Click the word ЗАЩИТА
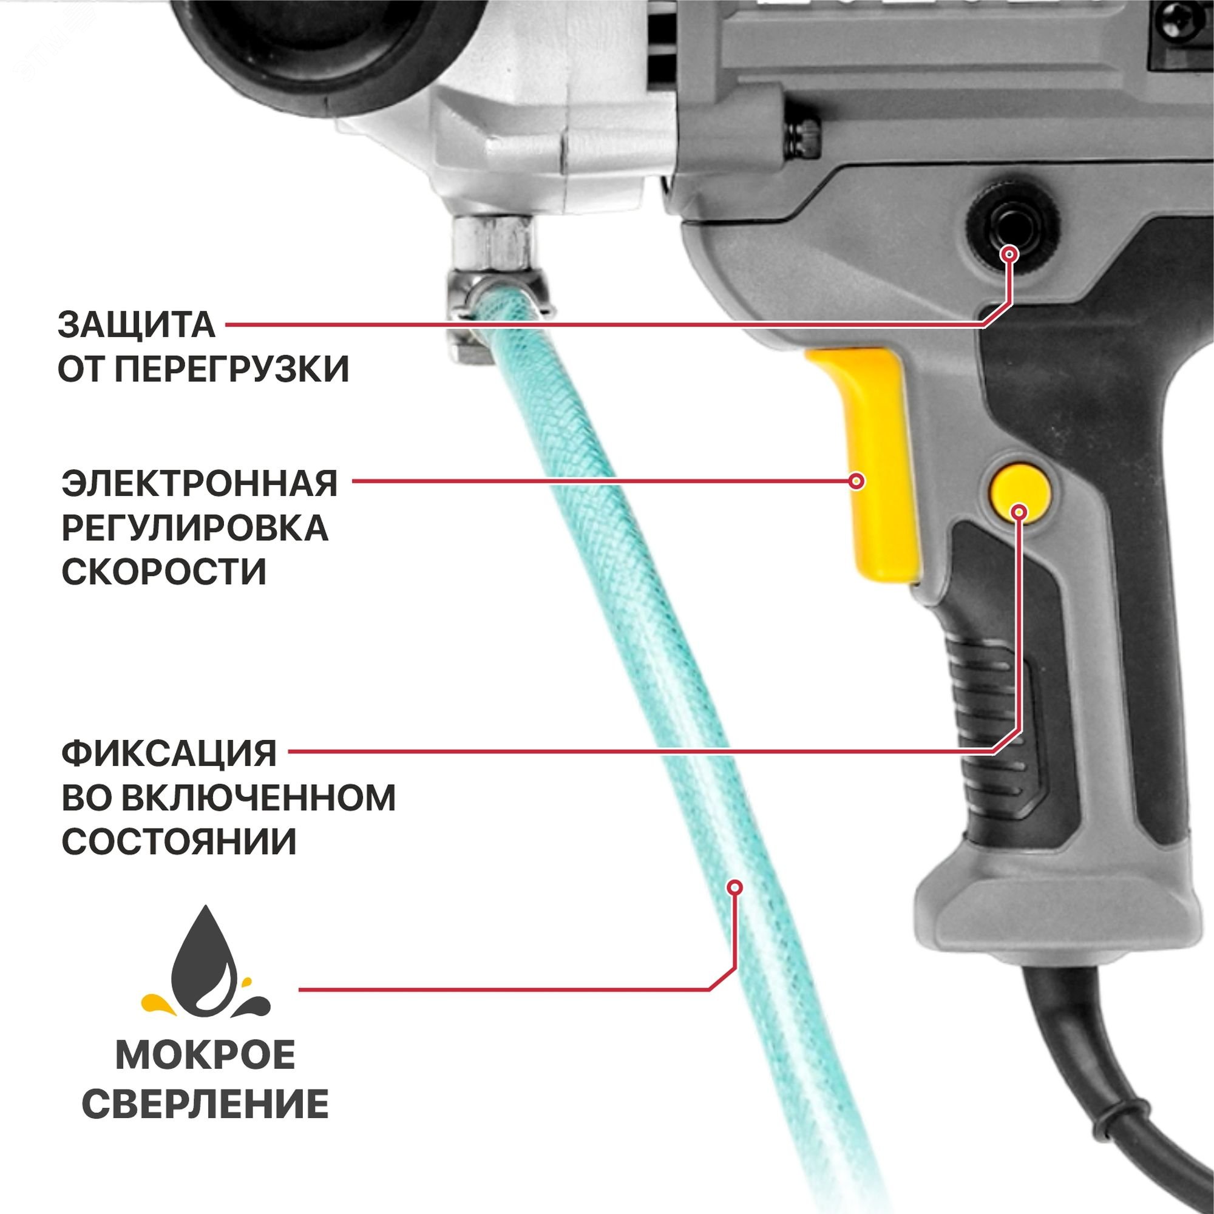coord(137,325)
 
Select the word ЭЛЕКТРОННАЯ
coord(200,483)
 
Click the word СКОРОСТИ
coord(164,571)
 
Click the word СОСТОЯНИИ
coord(179,841)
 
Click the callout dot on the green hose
coord(734,887)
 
